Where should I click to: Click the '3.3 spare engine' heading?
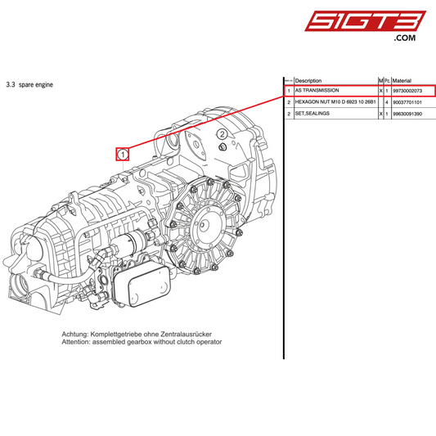pos(29,84)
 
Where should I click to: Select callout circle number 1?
pos(122,153)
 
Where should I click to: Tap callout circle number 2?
pos(222,134)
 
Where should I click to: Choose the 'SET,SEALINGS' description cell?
pos(313,115)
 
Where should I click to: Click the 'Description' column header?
pos(308,80)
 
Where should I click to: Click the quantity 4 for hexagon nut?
pos(387,102)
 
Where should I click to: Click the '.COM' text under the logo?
pos(405,38)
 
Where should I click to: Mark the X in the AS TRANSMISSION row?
pos(380,90)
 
